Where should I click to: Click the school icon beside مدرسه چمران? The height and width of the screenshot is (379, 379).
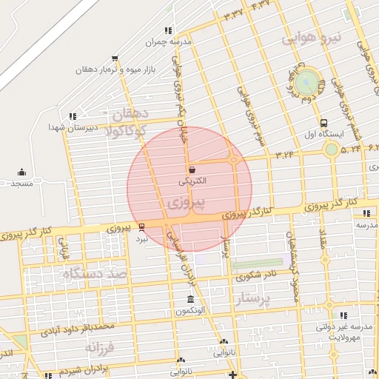coord(168,30)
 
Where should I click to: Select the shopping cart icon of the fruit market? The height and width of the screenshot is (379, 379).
coord(114,57)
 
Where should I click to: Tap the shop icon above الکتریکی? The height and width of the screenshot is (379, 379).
coord(192,170)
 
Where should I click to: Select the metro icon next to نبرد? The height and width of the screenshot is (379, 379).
coord(141,227)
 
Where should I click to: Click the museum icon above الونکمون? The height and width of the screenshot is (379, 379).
coord(190,300)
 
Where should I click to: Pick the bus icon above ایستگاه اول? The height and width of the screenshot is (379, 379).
coord(323,123)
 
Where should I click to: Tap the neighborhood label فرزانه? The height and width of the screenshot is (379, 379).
coord(101,346)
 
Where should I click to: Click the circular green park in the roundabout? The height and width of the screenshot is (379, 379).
coord(309,82)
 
